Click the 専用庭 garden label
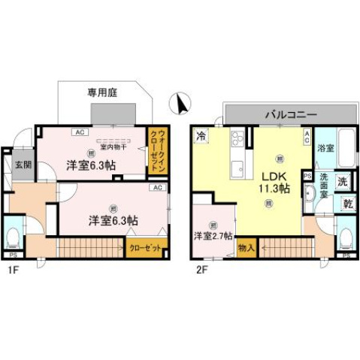103,94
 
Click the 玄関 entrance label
23,165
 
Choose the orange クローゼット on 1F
144,246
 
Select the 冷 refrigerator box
201,136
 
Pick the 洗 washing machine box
341,181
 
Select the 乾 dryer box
347,203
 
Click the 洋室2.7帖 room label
212,234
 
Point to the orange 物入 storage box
247,246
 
